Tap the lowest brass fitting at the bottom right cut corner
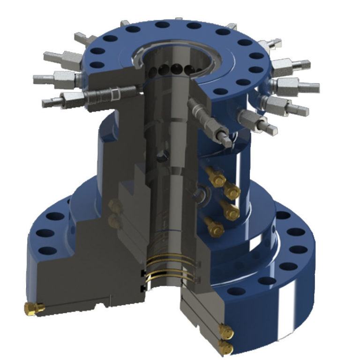click(x=225, y=347)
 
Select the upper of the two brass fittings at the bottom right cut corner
click(x=225, y=332)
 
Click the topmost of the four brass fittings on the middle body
click(x=217, y=177)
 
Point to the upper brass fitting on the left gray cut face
click(x=114, y=205)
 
